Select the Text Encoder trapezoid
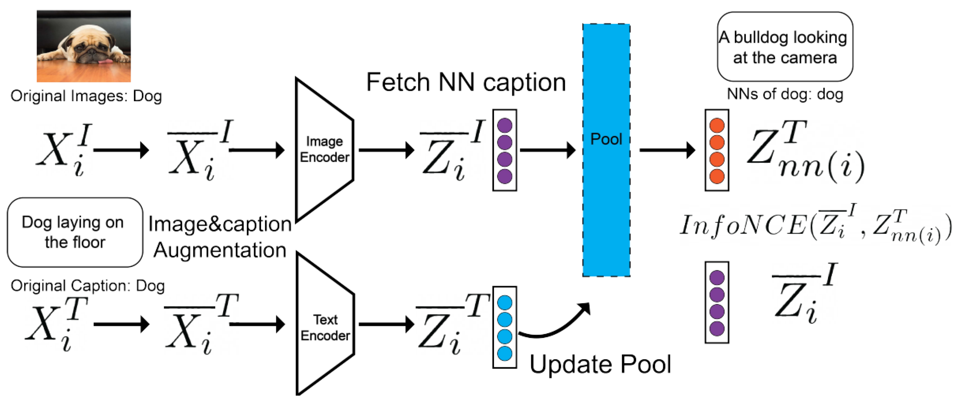[x=324, y=324]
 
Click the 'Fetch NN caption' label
[x=466, y=82]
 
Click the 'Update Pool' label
[x=600, y=364]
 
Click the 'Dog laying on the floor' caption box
[x=75, y=232]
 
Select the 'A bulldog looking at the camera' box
[x=785, y=47]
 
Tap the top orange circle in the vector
[x=717, y=126]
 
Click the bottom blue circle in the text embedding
[x=504, y=353]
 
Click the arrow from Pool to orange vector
[x=667, y=150]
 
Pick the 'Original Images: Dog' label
[x=86, y=96]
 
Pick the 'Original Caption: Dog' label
[x=88, y=286]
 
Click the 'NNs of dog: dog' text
[x=785, y=94]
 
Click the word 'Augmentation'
[x=220, y=250]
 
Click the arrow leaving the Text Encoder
[x=386, y=324]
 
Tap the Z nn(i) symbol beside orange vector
[x=805, y=153]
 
